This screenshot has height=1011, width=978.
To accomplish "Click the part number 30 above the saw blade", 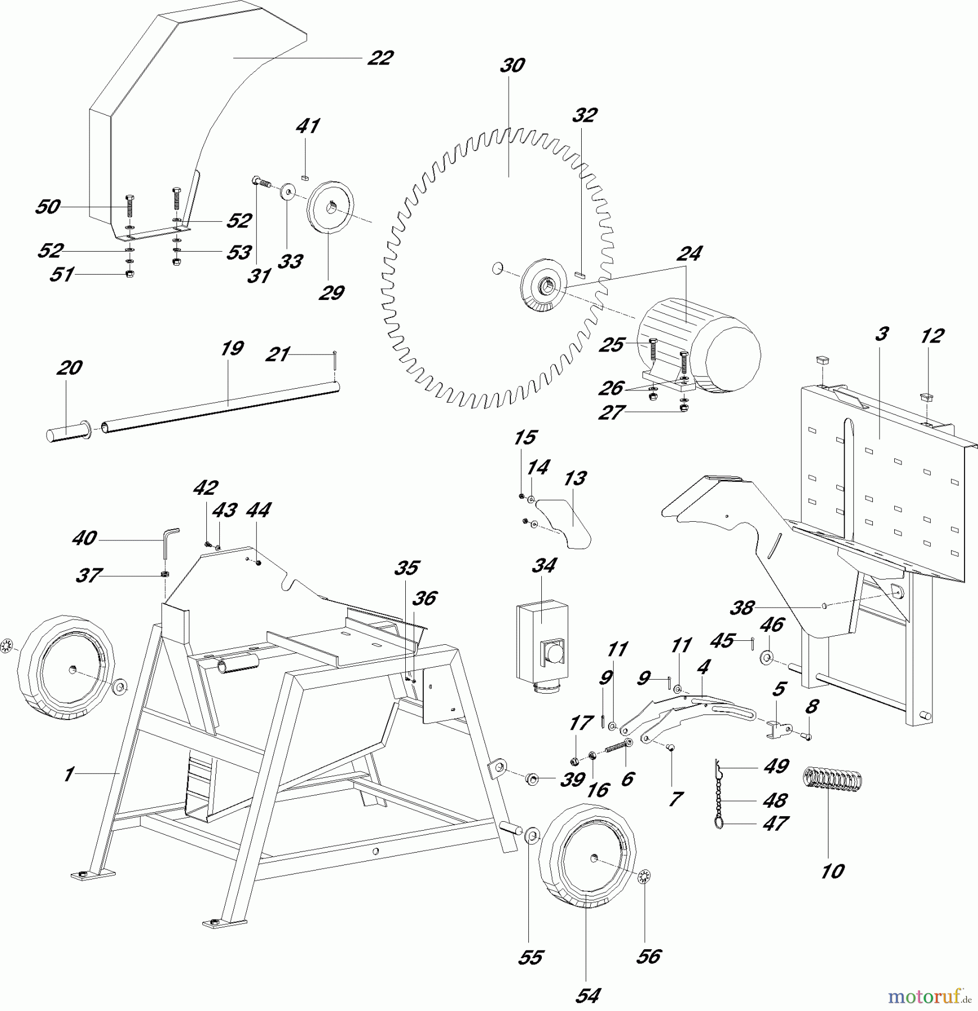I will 512,66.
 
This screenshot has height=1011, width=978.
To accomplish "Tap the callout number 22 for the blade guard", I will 380,58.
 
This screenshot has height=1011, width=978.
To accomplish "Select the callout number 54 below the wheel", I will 587,995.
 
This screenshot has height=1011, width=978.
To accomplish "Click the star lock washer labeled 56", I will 644,876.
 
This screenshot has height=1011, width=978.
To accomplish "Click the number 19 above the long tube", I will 232,349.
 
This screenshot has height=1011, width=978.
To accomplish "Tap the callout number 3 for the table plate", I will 881,334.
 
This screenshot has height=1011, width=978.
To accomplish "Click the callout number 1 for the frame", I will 69,775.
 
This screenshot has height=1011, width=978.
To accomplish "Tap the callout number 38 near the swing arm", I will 742,607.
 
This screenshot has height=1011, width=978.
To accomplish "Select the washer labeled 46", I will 766,657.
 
